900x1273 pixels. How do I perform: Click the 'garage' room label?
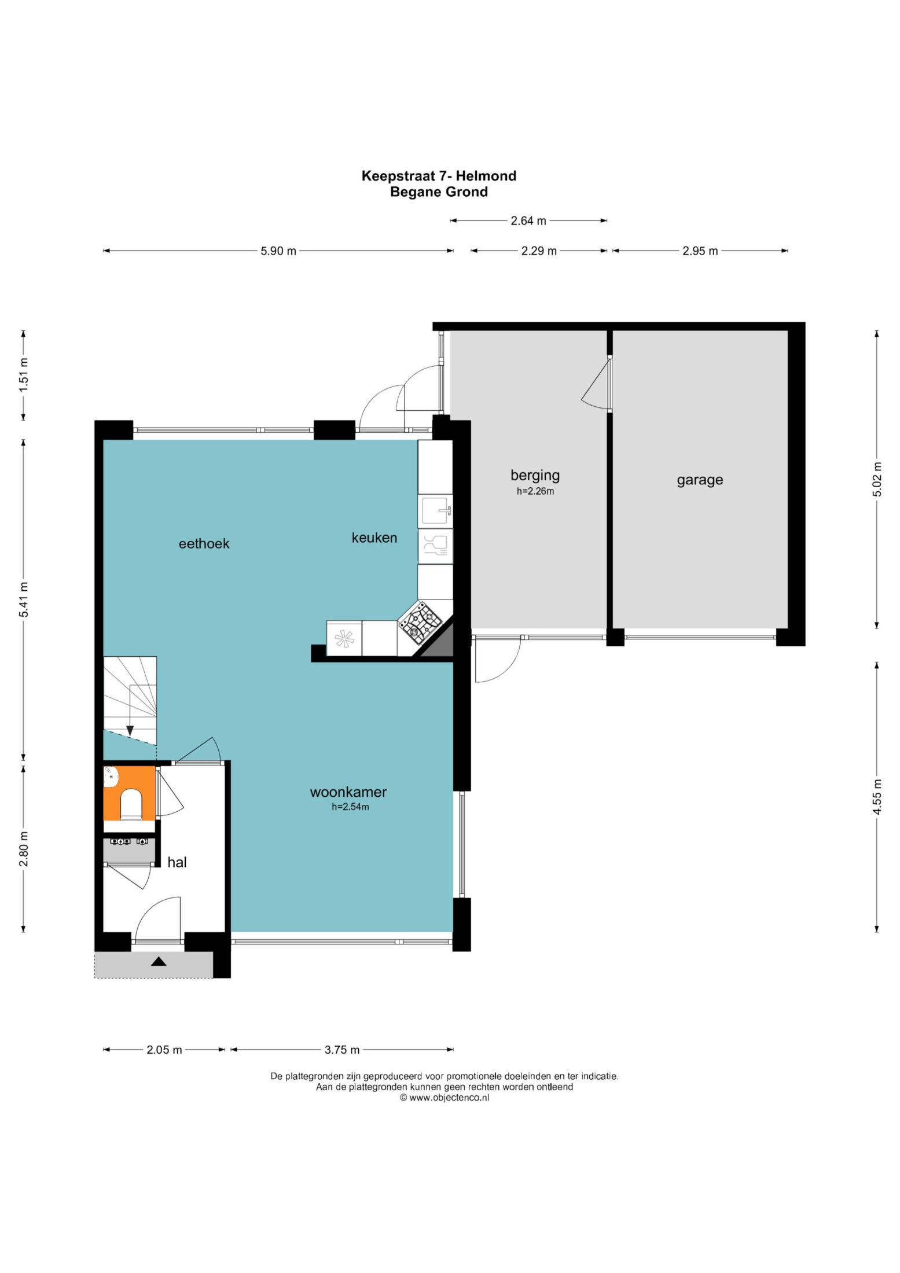point(700,480)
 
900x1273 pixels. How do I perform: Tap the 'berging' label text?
point(535,476)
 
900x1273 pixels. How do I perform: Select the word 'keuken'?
point(374,538)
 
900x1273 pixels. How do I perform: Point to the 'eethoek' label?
point(204,543)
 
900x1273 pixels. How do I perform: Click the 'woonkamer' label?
point(348,792)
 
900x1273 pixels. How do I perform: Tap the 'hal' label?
point(177,862)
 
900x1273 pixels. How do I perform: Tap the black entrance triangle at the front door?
point(159,961)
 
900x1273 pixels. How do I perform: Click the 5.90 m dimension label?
point(278,251)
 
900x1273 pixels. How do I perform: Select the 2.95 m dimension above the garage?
point(700,251)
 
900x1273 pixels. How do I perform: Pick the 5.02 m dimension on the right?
point(877,479)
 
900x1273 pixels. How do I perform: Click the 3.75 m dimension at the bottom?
point(342,1050)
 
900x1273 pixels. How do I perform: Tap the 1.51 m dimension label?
point(24,375)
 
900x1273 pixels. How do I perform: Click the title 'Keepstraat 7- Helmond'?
point(439,176)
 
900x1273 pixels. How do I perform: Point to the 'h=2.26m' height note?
point(535,491)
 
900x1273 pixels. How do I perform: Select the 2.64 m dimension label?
point(528,220)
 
